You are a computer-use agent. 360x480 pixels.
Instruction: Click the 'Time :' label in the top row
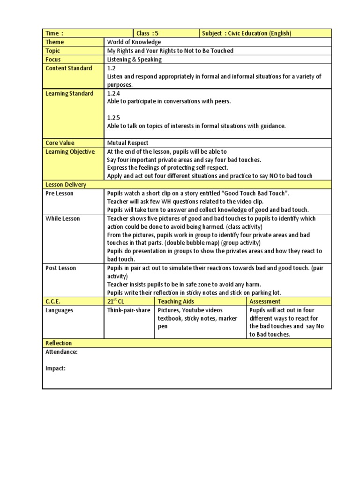click(54, 33)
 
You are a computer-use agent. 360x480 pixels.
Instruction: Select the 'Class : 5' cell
click(148, 33)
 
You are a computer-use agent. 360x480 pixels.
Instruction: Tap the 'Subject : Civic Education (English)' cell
click(247, 33)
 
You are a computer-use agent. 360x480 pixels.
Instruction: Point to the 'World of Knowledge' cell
click(134, 42)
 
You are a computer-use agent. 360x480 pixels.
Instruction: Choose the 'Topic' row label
click(53, 51)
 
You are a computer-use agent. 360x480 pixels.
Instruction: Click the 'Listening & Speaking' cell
click(135, 60)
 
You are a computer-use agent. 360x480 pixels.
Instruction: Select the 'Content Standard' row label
click(68, 68)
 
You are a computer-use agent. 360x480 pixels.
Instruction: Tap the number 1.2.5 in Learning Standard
click(114, 118)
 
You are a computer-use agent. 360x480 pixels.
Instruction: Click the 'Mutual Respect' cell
click(128, 143)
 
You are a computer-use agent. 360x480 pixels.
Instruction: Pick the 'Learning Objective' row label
click(70, 151)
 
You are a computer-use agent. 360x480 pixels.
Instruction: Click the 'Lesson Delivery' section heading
click(66, 185)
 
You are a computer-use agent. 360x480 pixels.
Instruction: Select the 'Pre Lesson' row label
click(60, 193)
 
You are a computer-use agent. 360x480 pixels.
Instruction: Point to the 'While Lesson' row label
click(62, 218)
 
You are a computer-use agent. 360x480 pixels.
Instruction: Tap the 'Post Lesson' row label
click(60, 268)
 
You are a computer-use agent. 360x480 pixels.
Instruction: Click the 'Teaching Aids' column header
click(176, 301)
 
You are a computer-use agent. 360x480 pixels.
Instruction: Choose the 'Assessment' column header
click(265, 301)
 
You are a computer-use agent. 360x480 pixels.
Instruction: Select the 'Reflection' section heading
click(59, 344)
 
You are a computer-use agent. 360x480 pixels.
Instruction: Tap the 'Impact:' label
click(55, 368)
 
